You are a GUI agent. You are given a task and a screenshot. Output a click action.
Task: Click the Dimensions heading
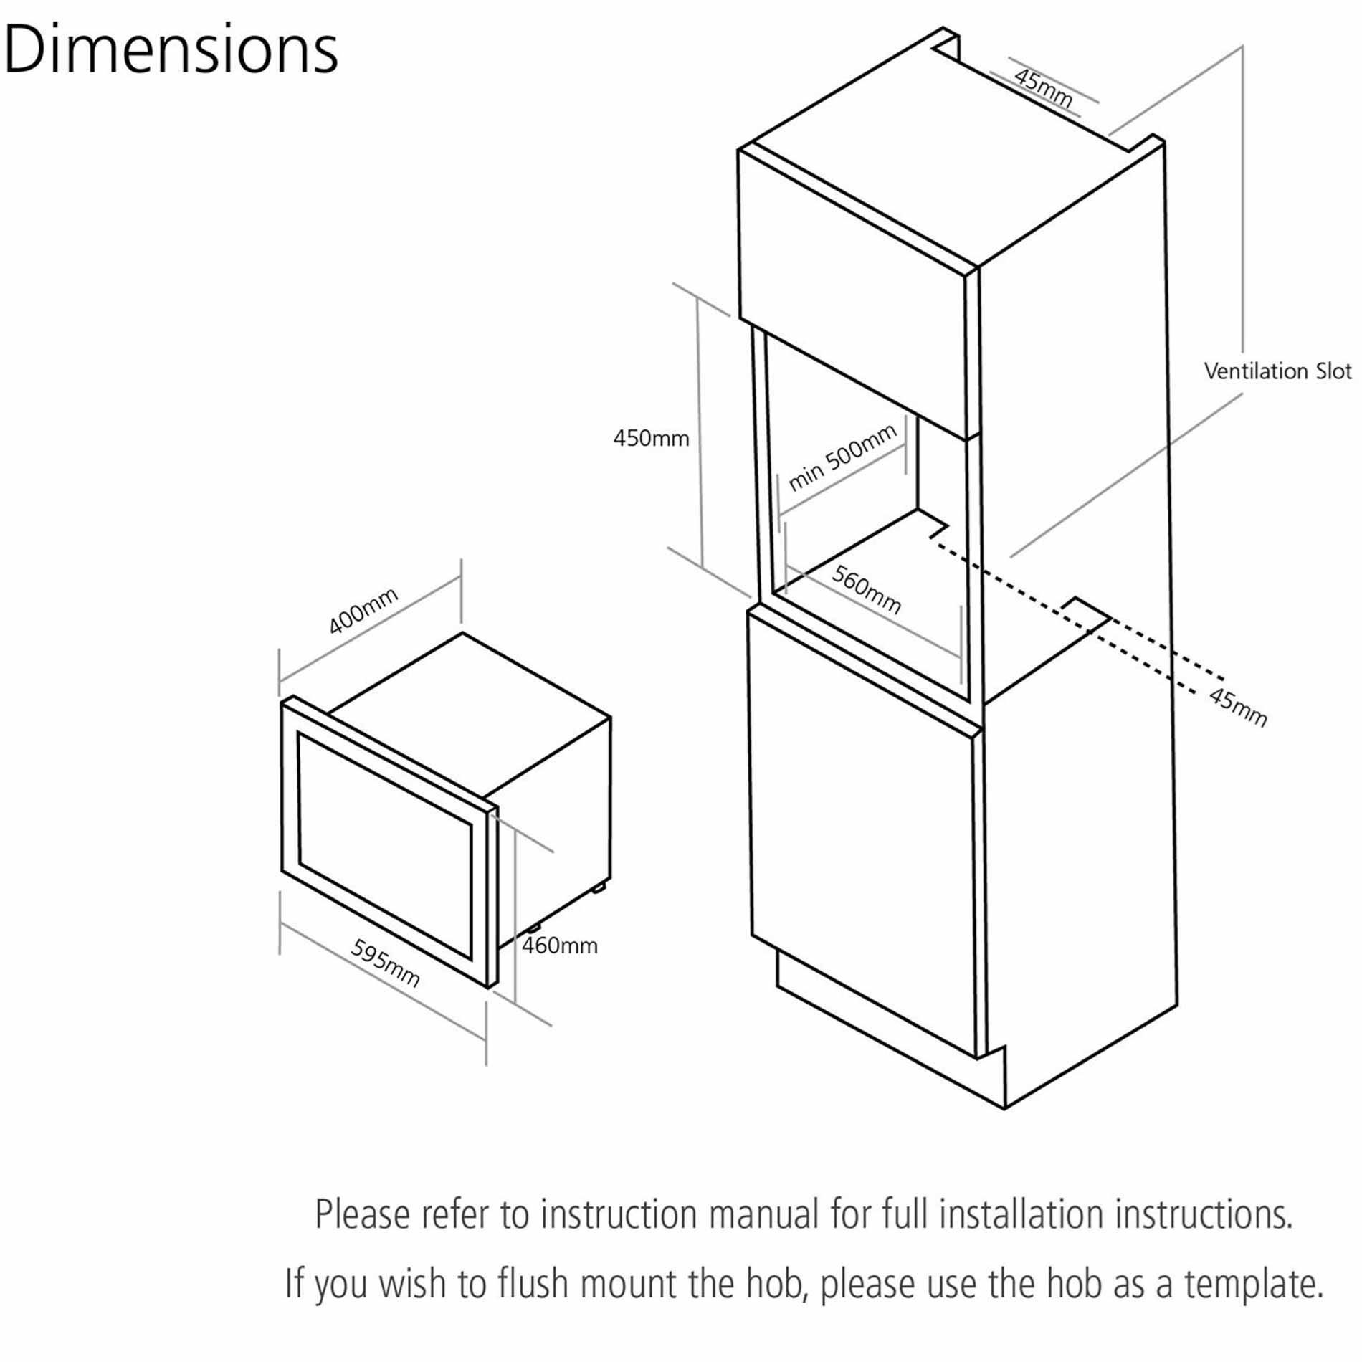(x=171, y=50)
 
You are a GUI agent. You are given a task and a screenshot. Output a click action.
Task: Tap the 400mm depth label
(x=363, y=611)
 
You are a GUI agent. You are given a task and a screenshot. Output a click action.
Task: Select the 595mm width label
(x=385, y=963)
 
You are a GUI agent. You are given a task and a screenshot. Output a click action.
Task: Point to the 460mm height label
(x=559, y=946)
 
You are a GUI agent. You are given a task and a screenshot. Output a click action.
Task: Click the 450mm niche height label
(x=651, y=438)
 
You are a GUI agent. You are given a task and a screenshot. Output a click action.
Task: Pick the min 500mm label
(x=842, y=457)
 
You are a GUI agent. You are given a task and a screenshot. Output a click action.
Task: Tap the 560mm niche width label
(x=867, y=589)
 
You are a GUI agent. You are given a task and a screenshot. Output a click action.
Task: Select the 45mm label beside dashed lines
(x=1238, y=706)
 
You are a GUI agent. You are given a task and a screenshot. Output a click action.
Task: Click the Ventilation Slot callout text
(x=1277, y=371)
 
